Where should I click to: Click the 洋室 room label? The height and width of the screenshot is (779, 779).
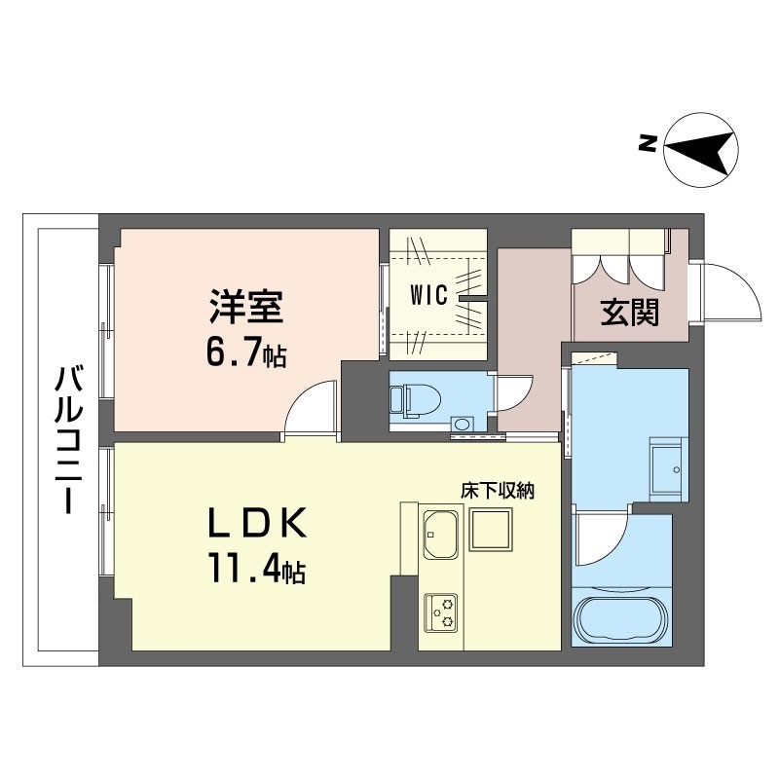[246, 310]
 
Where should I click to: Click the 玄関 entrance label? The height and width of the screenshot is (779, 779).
[629, 312]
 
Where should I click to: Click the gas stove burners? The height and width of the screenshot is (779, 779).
[441, 611]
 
